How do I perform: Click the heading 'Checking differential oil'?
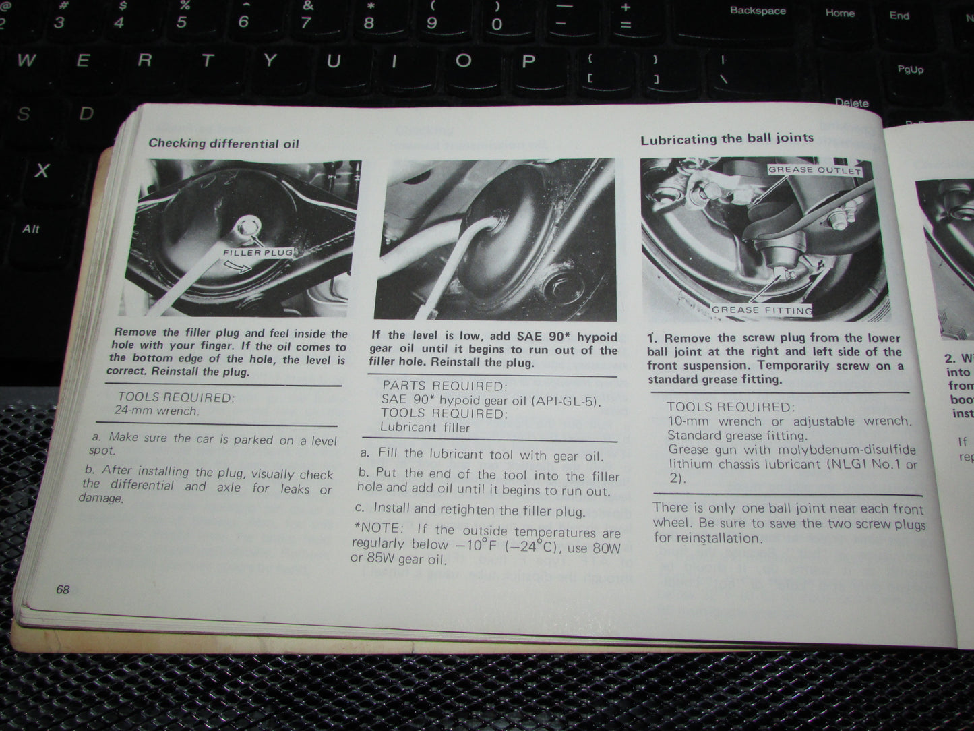pos(223,143)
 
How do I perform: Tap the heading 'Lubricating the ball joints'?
pos(727,139)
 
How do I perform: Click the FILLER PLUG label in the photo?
pos(258,252)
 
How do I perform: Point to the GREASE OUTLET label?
pos(814,170)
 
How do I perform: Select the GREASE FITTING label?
pos(762,310)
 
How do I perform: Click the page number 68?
pos(63,589)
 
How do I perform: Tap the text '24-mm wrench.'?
pos(156,410)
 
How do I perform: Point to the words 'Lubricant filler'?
pos(425,427)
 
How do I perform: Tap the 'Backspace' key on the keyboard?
pos(757,11)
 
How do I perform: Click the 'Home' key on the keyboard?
pos(839,13)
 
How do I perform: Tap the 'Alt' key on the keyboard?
pos(30,229)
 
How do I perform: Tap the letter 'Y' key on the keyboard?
pos(270,61)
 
